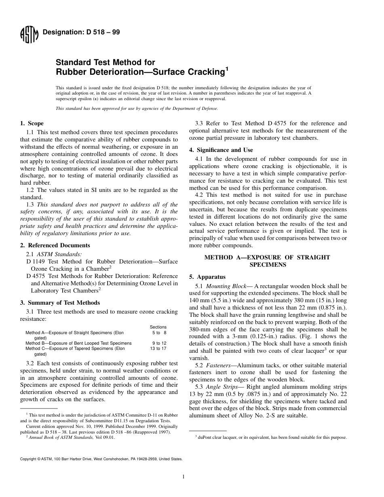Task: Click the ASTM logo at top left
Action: pyautogui.click(x=29, y=35)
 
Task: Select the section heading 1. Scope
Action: pyautogui.click(x=32, y=123)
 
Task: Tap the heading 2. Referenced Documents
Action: pyautogui.click(x=55, y=245)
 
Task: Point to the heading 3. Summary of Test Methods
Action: pyautogui.click(x=60, y=303)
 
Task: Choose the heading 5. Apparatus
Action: pyautogui.click(x=207, y=277)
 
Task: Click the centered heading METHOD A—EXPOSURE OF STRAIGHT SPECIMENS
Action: pyautogui.click(x=267, y=261)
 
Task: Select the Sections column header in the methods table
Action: pyautogui.click(x=158, y=327)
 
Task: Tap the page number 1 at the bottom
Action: pyautogui.click(x=184, y=477)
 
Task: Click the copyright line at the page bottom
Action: pyautogui.click(x=101, y=459)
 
